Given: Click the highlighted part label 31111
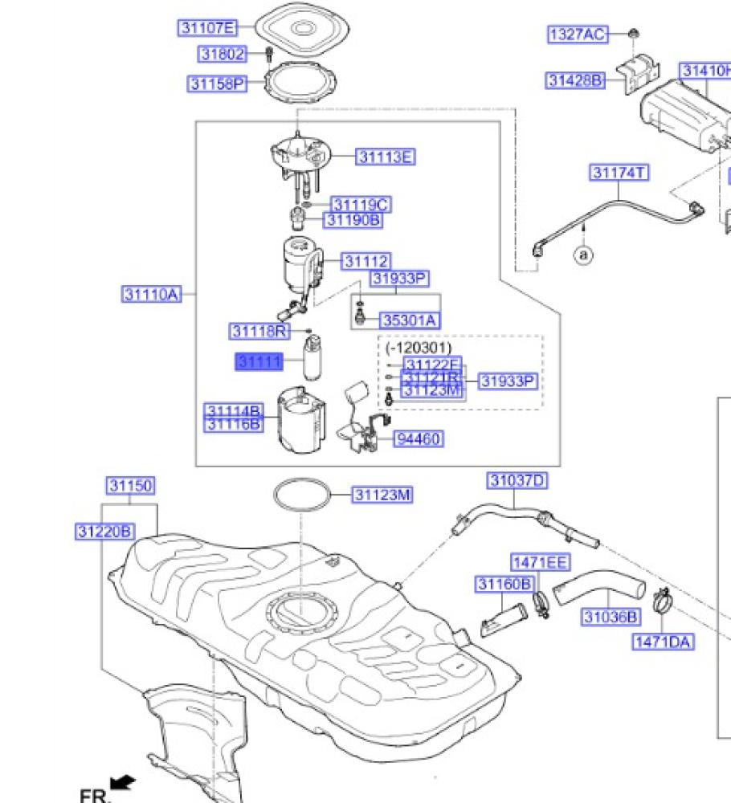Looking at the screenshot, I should (259, 362).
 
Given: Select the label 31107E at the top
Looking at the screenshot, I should (208, 28).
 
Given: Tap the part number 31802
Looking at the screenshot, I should (222, 54).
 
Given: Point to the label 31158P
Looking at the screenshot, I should (217, 84).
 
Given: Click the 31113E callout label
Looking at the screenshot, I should (386, 157).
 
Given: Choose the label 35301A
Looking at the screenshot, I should (410, 320).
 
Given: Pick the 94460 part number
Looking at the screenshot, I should (419, 438).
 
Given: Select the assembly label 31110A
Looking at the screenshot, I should (150, 294).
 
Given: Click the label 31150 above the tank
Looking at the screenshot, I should (131, 486).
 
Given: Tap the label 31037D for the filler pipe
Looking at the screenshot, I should (517, 481).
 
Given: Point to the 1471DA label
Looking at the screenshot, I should (663, 642).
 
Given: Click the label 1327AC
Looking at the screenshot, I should (578, 34).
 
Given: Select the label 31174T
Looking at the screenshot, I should (619, 173).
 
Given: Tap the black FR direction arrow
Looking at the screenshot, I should (123, 780).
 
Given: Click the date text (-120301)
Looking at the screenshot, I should (418, 348).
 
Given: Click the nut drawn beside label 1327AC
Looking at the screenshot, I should (633, 34).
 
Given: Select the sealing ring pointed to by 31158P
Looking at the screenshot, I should (298, 86).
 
